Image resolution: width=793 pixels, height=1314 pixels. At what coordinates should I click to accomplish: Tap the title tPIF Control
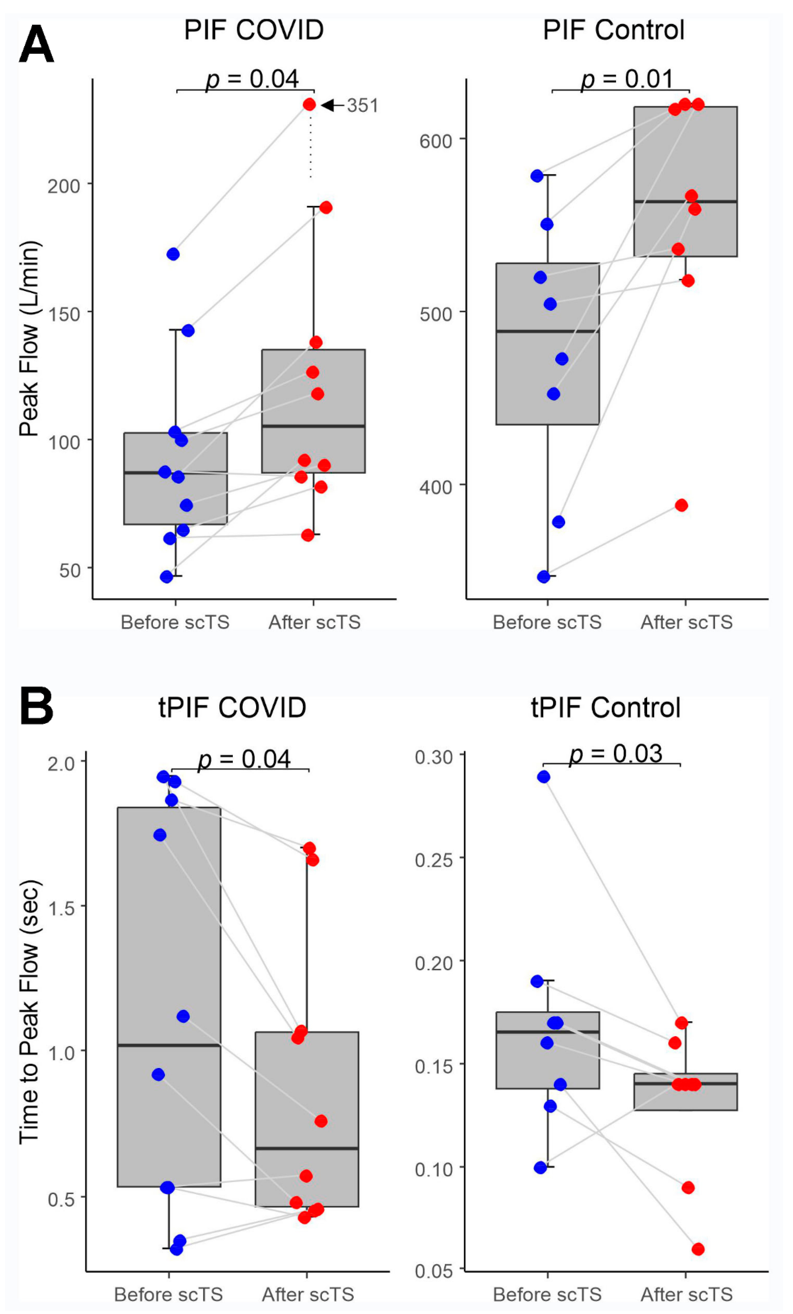click(x=605, y=708)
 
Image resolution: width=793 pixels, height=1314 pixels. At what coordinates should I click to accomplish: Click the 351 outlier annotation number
click(x=362, y=106)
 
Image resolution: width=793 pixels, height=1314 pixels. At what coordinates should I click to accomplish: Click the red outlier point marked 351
click(x=309, y=105)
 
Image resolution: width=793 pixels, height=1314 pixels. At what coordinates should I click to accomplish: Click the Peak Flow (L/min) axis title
click(x=29, y=339)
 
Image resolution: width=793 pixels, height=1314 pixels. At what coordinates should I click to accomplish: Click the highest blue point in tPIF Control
click(x=543, y=777)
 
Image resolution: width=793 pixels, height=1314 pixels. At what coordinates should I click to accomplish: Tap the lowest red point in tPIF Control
click(x=698, y=1249)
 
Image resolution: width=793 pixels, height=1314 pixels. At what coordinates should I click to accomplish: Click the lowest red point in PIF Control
click(x=681, y=505)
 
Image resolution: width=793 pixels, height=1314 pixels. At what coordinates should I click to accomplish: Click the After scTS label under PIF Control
click(x=686, y=622)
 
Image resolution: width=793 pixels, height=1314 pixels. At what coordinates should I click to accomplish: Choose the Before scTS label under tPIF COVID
click(x=169, y=1294)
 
